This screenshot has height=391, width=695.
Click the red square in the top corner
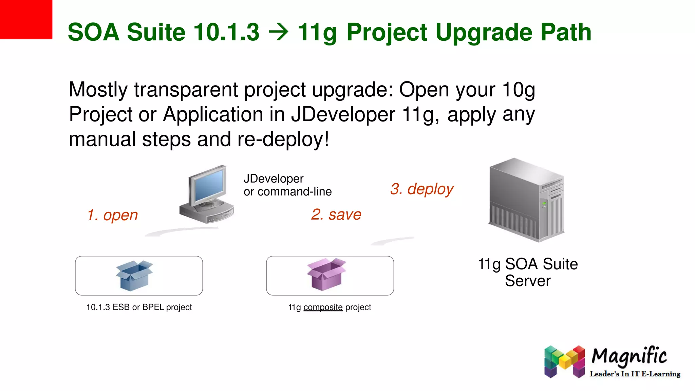pyautogui.click(x=26, y=19)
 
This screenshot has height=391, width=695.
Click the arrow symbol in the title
pyautogui.click(x=278, y=33)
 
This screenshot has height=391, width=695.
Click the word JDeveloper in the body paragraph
pyautogui.click(x=343, y=114)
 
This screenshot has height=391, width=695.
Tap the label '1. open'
pyautogui.click(x=112, y=215)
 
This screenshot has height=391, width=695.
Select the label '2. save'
pyautogui.click(x=336, y=215)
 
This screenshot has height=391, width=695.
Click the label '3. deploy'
pyautogui.click(x=421, y=189)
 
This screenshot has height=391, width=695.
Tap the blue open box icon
pyautogui.click(x=134, y=275)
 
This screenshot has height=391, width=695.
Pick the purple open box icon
pyautogui.click(x=326, y=275)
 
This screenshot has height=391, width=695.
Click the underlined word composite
pyautogui.click(x=323, y=307)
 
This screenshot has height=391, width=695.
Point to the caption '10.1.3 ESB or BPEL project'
pyautogui.click(x=139, y=307)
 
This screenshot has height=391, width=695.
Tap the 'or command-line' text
pyautogui.click(x=287, y=192)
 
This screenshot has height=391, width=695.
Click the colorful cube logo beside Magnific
pyautogui.click(x=564, y=362)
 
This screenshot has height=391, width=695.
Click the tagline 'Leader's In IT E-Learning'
pyautogui.click(x=635, y=374)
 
